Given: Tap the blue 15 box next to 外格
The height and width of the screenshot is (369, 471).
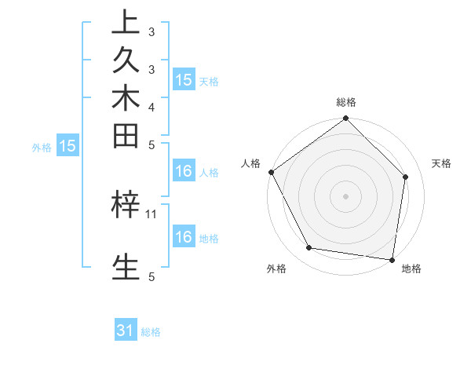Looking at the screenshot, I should (68, 146).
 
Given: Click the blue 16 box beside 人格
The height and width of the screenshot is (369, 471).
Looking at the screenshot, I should (184, 171).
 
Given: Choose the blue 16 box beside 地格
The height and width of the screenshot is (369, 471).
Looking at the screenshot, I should (184, 237).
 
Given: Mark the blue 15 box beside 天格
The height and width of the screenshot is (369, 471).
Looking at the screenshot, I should (184, 79).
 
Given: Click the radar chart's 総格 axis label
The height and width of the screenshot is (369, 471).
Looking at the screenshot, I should (346, 102).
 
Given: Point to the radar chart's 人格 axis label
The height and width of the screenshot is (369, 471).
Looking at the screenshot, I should (251, 163).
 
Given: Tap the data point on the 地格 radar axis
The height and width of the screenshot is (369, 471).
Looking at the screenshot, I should (392, 259).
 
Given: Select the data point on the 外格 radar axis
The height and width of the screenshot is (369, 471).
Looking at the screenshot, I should (309, 248).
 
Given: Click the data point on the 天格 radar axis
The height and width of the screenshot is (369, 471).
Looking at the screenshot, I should (406, 177).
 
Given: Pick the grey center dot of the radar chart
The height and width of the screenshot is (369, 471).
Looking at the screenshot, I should (346, 195).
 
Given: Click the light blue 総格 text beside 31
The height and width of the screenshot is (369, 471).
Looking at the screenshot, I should (152, 332).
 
